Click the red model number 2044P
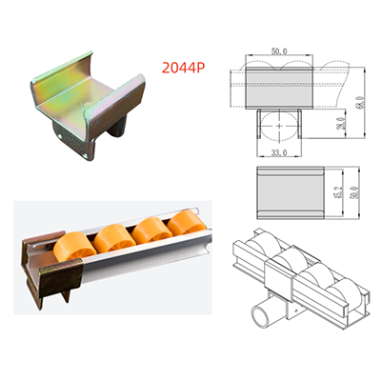(183, 68)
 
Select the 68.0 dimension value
(360, 103)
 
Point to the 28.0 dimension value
(340, 124)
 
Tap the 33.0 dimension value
(279, 152)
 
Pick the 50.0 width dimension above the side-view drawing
(279, 51)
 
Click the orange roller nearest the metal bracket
(74, 248)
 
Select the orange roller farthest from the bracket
(186, 222)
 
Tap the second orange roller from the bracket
(114, 238)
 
